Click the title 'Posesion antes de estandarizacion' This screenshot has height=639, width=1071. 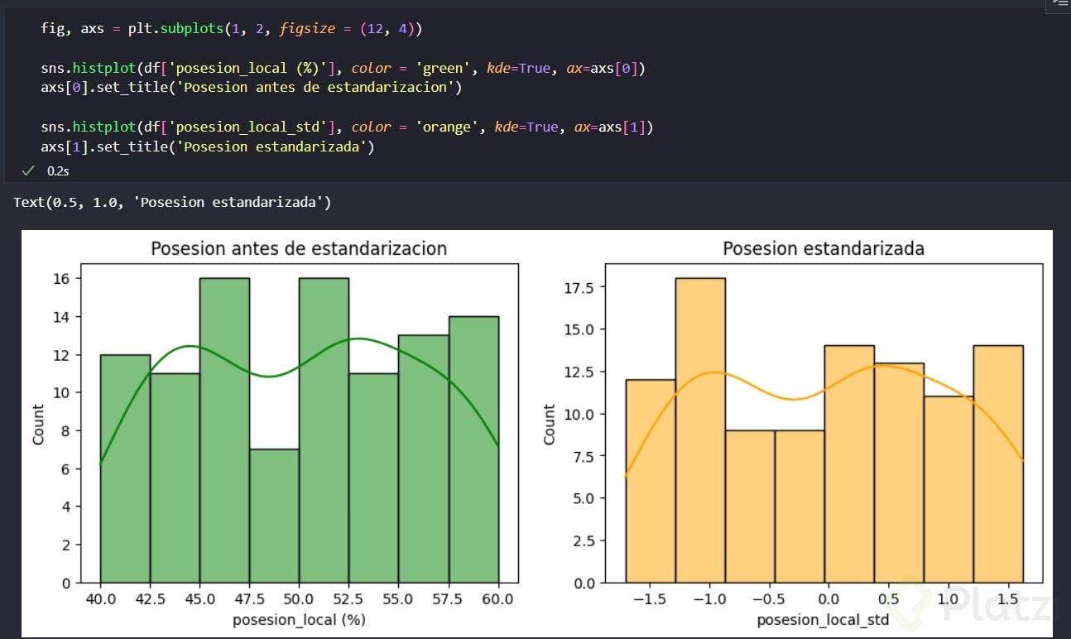click(x=299, y=248)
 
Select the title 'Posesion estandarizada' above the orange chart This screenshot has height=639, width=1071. click(x=824, y=248)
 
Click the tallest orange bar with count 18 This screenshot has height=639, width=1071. click(x=700, y=430)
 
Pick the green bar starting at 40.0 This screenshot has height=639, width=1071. click(x=125, y=468)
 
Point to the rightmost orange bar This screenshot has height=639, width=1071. click(x=998, y=464)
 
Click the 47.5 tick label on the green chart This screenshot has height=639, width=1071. click(x=249, y=598)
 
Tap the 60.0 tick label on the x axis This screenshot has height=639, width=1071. click(x=498, y=598)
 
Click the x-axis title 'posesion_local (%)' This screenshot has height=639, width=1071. click(x=299, y=619)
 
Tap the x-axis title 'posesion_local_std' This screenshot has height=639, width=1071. click(x=824, y=619)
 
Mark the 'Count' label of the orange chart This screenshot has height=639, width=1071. click(x=550, y=424)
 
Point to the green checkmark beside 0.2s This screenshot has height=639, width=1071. click(x=28, y=170)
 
